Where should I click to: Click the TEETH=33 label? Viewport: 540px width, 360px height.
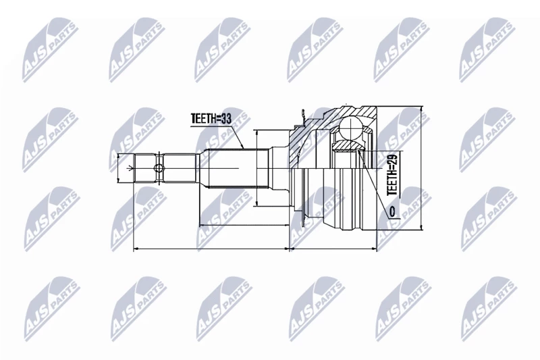coord(211,118)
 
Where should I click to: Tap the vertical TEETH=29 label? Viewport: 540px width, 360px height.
coord(393,175)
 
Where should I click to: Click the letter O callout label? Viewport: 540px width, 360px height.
coord(393,211)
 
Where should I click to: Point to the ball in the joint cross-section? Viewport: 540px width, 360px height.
coord(351,128)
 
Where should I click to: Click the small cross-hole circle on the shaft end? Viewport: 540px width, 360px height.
coord(159,168)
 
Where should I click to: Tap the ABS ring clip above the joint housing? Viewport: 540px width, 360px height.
coord(302,118)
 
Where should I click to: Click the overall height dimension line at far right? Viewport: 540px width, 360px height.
coord(421,168)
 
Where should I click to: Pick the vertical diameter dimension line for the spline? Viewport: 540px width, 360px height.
coord(257,168)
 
